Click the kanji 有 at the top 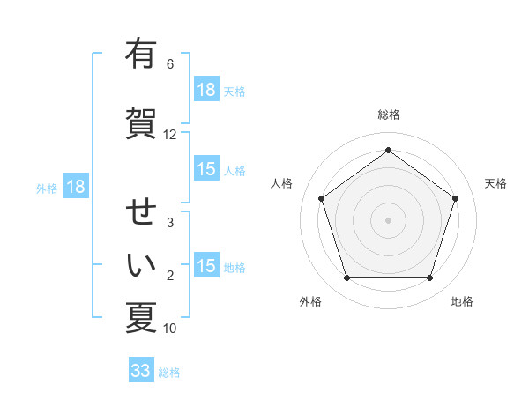pyautogui.click(x=141, y=55)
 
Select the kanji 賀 pyautogui.click(x=141, y=122)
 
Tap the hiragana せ pyautogui.click(x=141, y=211)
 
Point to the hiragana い pyautogui.click(x=141, y=263)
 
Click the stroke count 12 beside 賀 pyautogui.click(x=170, y=135)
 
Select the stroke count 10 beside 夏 pyautogui.click(x=170, y=329)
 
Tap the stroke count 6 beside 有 pyautogui.click(x=170, y=64)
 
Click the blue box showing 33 pyautogui.click(x=141, y=371)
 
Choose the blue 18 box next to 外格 pyautogui.click(x=75, y=187)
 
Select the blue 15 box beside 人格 pyautogui.click(x=206, y=169)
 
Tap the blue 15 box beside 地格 pyautogui.click(x=206, y=266)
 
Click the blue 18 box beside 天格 pyautogui.click(x=206, y=90)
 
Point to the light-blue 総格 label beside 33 pyautogui.click(x=169, y=373)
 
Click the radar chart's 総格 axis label pyautogui.click(x=389, y=115)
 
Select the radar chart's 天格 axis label pyautogui.click(x=495, y=183)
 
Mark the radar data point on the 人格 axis pyautogui.click(x=321, y=198)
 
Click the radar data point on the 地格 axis pyautogui.click(x=430, y=278)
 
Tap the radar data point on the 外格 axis pyautogui.click(x=346, y=278)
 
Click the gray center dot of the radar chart pyautogui.click(x=388, y=219)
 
